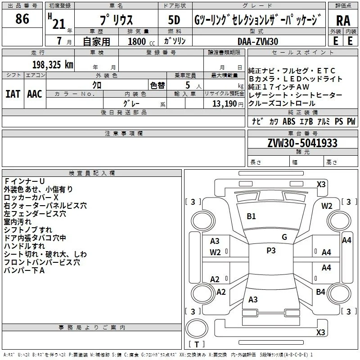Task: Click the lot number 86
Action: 22,18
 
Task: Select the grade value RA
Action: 343,21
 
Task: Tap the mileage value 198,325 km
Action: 53,65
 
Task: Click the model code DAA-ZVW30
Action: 258,41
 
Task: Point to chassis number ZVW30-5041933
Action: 302,143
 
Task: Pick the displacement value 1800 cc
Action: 141,41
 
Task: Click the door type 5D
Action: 174,20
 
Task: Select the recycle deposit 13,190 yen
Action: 228,104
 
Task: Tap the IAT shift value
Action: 13,94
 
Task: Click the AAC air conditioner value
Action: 35,94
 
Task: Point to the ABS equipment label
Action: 289,121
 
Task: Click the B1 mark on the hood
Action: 251,216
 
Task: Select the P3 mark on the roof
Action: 271,250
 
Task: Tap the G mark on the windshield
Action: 284,237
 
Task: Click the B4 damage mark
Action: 320,292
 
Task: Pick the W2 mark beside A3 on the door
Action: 215,252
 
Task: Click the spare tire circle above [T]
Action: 197,328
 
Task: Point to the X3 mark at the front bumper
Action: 321,184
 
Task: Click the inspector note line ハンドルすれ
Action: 24,246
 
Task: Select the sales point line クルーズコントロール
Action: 282,103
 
